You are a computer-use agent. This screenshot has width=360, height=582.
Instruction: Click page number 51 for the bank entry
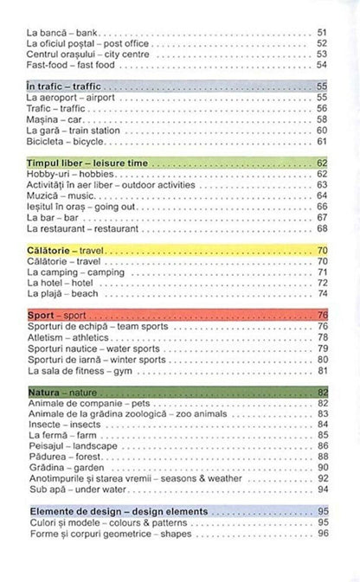[x=324, y=32]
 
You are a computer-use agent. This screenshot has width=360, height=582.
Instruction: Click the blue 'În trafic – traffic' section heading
[x=66, y=87]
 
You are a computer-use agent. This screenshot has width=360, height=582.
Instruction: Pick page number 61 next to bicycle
[x=324, y=140]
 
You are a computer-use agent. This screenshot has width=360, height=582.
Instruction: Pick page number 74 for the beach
[x=324, y=292]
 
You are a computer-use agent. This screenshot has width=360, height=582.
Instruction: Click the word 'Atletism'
[x=47, y=336]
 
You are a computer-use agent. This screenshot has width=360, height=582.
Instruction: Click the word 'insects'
[x=88, y=424]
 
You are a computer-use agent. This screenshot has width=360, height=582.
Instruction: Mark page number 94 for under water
[x=324, y=488]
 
